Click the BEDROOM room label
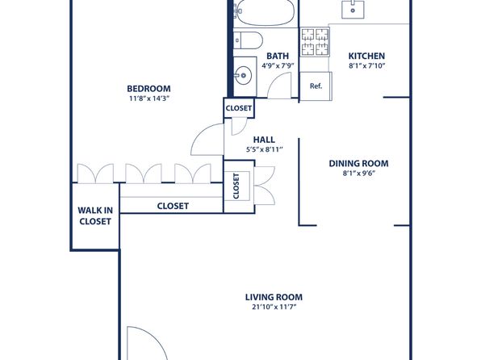click(x=148, y=89)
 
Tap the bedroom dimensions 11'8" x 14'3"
click(x=149, y=98)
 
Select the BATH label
click(x=278, y=57)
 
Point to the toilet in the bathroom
click(x=249, y=40)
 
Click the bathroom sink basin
click(x=244, y=75)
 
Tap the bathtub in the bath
click(x=266, y=11)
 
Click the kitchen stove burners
click(x=315, y=42)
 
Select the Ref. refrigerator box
click(x=316, y=86)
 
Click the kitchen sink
click(x=353, y=9)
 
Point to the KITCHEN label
click(x=366, y=57)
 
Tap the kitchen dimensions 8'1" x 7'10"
click(x=366, y=65)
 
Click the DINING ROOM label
click(x=358, y=164)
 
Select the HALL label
click(x=264, y=140)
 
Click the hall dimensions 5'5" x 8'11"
click(x=264, y=150)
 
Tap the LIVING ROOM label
click(x=274, y=297)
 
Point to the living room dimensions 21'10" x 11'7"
click(x=274, y=307)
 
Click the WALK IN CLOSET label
click(x=95, y=216)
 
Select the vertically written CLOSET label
click(x=236, y=186)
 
